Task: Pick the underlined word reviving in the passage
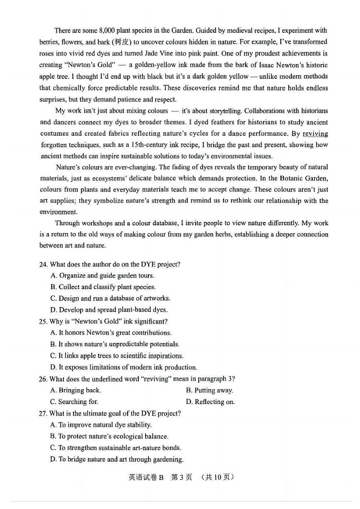coord(315,134)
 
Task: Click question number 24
coord(43,264)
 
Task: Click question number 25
coord(43,321)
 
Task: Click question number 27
coord(43,413)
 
